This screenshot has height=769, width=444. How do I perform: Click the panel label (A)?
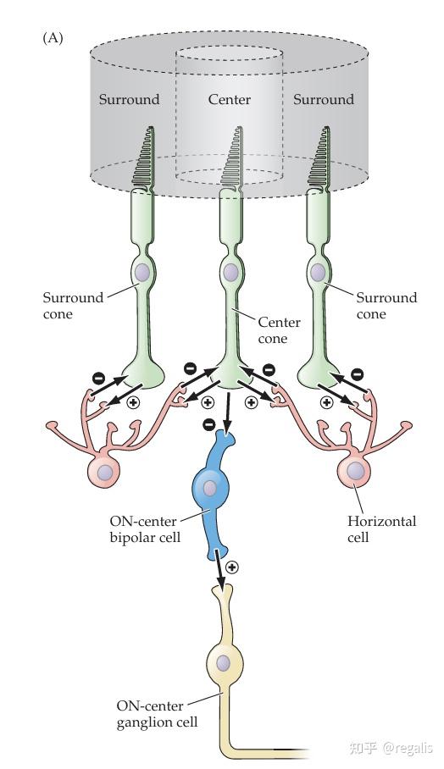coord(53,38)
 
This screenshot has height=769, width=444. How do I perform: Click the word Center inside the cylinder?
coord(229,99)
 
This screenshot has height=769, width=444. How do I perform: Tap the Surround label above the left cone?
coord(129,99)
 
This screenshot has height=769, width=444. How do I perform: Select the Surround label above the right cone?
coord(324,99)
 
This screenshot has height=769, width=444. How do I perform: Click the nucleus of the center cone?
coord(229,272)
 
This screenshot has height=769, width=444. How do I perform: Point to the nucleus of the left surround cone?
coord(142,272)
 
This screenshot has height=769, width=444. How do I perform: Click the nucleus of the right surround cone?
coord(318,272)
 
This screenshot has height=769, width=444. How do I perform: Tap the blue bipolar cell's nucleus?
coord(210,489)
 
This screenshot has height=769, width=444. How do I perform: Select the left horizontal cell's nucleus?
coord(104,473)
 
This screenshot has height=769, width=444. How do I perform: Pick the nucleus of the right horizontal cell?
coord(355,471)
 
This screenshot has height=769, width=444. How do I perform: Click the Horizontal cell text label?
coord(381,528)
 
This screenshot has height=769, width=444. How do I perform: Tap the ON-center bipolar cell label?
coord(145,528)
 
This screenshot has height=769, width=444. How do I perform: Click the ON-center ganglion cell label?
coord(158,714)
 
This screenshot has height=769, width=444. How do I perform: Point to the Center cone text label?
coord(279,330)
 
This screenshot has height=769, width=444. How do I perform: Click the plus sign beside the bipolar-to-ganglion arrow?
coord(231,567)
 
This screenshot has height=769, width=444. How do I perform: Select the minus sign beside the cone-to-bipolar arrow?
coord(208,423)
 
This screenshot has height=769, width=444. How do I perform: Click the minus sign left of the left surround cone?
coord(98,378)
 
